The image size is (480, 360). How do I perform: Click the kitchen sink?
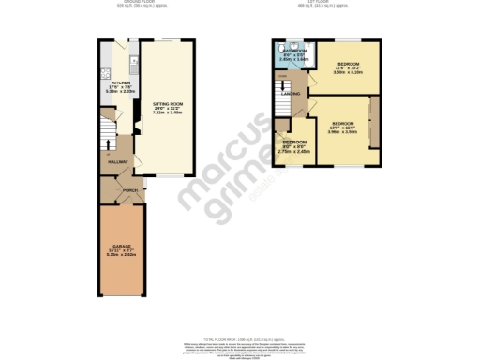[x=110, y=75]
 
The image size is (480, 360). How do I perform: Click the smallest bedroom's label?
[x=294, y=146]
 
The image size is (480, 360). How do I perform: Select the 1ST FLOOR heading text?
[x=327, y=4]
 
